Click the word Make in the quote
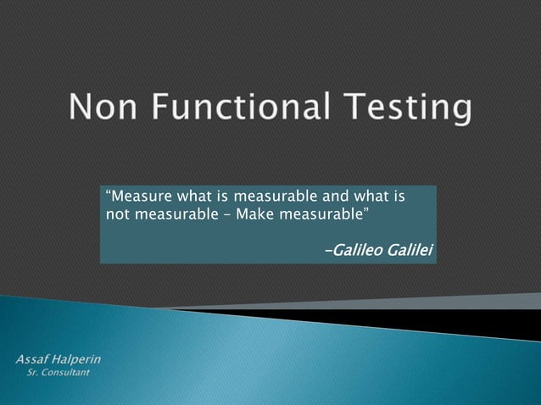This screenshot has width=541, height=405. coord(253,214)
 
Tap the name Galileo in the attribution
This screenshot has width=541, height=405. coord(357,251)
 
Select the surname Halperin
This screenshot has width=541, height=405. coord(77,360)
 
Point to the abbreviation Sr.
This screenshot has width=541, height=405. coord(35,373)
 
